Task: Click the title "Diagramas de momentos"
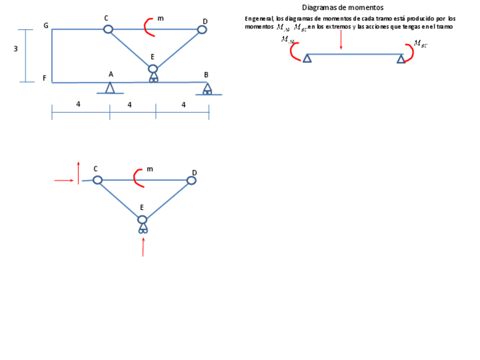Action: [342, 7]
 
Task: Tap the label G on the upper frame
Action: [46, 26]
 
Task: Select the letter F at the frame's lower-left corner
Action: [44, 78]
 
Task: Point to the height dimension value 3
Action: [16, 49]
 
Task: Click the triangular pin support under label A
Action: [110, 88]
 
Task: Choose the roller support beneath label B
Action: [208, 89]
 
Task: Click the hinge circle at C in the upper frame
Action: [108, 29]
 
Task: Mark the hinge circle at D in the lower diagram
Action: [191, 181]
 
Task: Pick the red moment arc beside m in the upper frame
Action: [148, 27]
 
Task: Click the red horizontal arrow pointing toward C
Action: [64, 181]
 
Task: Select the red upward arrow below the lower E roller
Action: [143, 247]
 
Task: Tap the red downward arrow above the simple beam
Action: [341, 40]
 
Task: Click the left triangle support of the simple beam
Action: [307, 58]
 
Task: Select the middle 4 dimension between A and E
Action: [130, 104]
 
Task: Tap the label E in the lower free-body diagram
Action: [142, 208]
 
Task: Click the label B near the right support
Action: [206, 74]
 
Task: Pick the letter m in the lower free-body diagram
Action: [149, 169]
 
